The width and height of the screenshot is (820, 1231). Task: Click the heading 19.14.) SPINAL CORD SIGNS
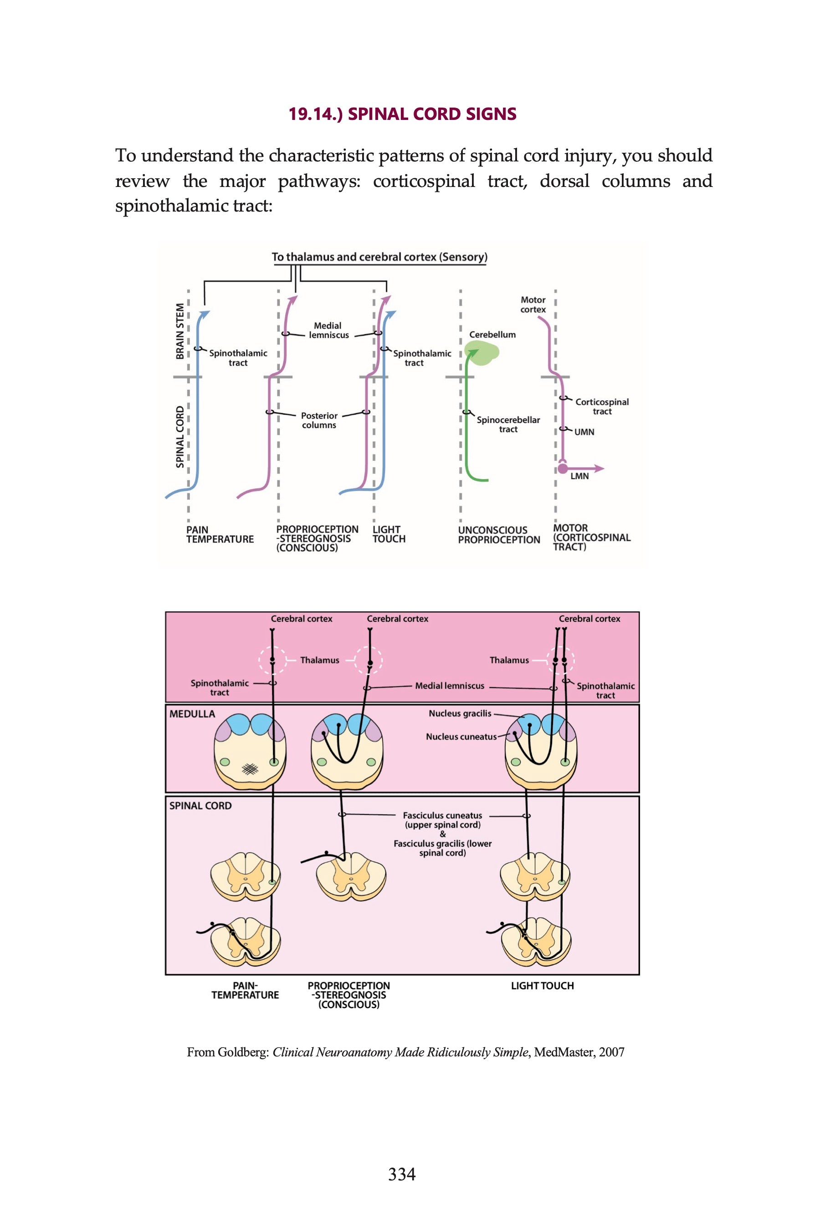click(x=402, y=114)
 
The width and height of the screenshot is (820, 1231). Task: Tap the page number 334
click(x=402, y=1174)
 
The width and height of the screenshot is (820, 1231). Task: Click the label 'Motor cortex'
click(x=533, y=305)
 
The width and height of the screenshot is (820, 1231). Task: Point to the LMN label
click(x=579, y=476)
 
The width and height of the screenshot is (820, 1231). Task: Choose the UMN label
click(x=584, y=432)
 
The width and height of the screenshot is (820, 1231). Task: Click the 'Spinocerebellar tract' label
click(x=508, y=424)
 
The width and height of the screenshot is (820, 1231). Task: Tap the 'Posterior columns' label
click(x=319, y=420)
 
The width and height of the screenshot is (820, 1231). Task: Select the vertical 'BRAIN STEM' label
click(x=180, y=331)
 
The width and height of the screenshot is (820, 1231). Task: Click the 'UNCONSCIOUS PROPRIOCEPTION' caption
click(x=498, y=535)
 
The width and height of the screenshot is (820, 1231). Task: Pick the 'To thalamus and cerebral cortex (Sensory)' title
click(x=379, y=257)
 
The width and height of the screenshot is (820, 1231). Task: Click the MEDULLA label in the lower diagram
click(x=192, y=714)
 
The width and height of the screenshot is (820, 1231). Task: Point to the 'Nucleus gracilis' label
click(x=460, y=714)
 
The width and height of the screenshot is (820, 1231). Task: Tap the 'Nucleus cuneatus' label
click(x=461, y=736)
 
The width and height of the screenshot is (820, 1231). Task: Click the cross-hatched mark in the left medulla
click(x=250, y=768)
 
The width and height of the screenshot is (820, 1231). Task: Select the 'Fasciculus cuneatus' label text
click(x=442, y=816)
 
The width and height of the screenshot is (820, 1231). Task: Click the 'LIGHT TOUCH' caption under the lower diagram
click(x=542, y=986)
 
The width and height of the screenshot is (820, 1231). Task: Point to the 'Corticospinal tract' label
click(x=602, y=407)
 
